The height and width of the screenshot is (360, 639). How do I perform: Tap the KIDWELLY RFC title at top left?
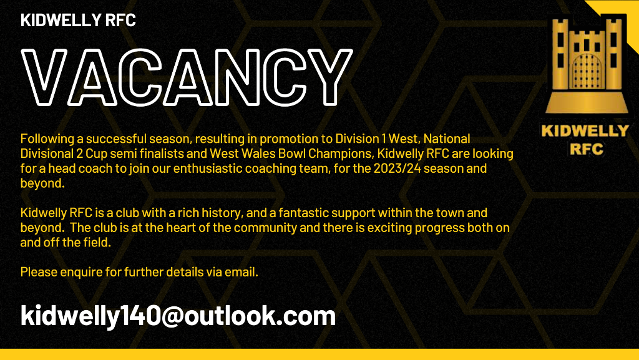pyautogui.click(x=78, y=20)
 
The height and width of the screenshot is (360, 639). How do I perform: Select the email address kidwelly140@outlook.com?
pyautogui.click(x=178, y=316)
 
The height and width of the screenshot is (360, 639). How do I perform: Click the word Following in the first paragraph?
pyautogui.click(x=44, y=138)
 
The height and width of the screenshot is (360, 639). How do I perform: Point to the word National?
pyautogui.click(x=447, y=138)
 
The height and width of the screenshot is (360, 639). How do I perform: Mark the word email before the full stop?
pyautogui.click(x=241, y=272)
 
